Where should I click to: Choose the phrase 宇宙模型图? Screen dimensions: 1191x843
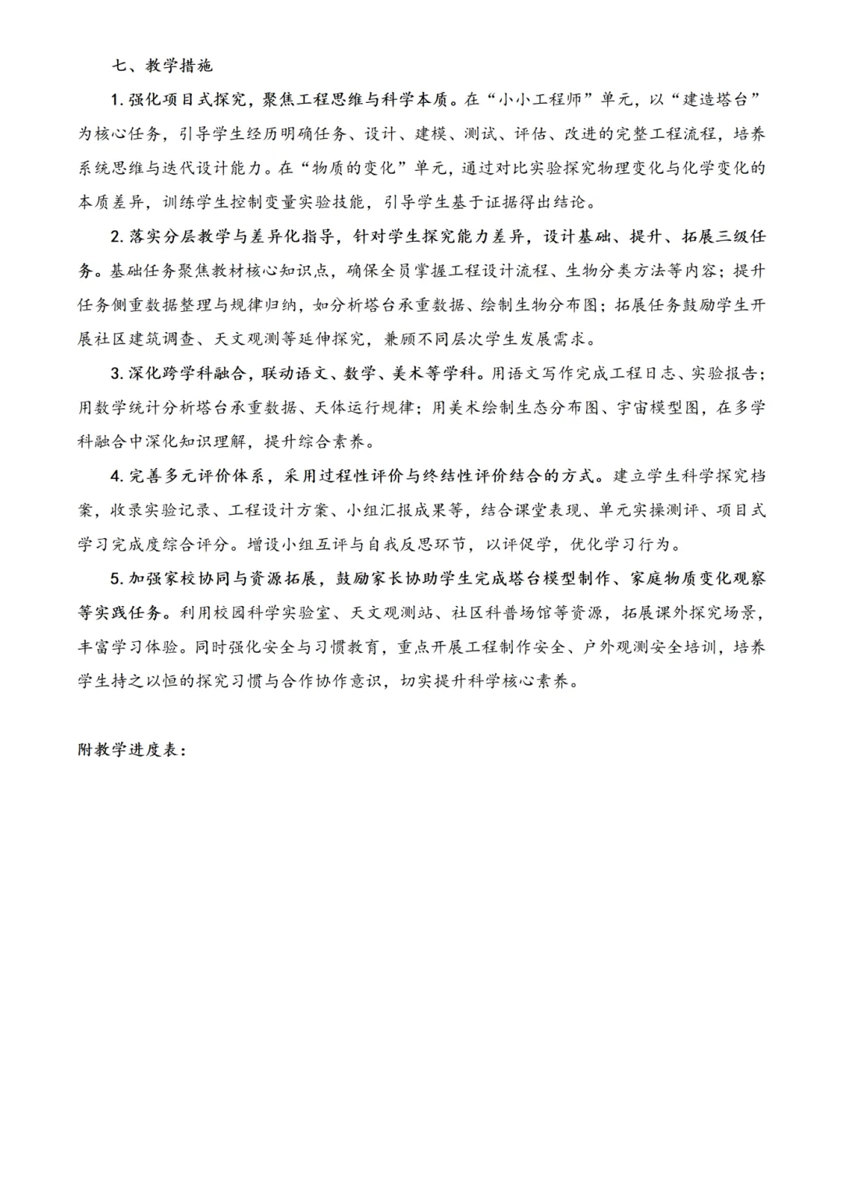click(x=660, y=408)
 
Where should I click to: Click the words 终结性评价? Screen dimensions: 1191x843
click(x=464, y=476)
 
